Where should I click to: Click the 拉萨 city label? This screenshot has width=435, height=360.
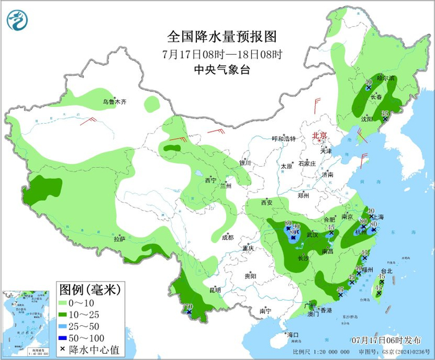coord(120,239)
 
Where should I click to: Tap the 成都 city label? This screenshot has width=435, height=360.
coord(227,237)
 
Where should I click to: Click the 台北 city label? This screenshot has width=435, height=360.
coord(387,271)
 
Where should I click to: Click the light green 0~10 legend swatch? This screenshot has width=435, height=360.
coord(63,302)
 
